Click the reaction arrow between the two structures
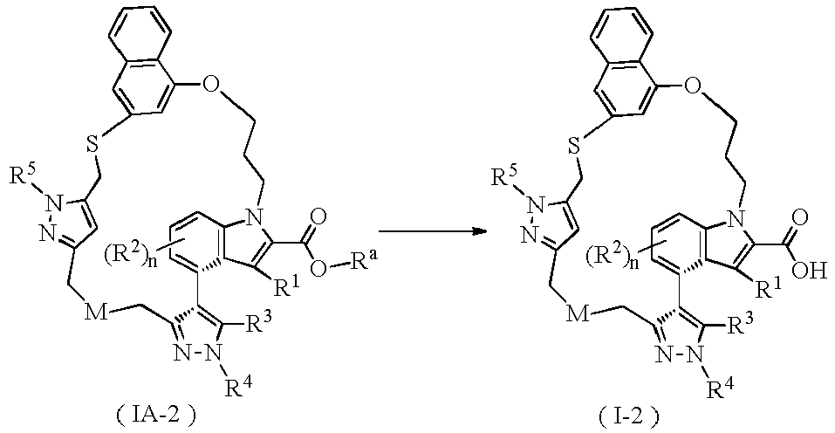pos(434,231)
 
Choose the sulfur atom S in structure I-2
pos(574,147)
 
